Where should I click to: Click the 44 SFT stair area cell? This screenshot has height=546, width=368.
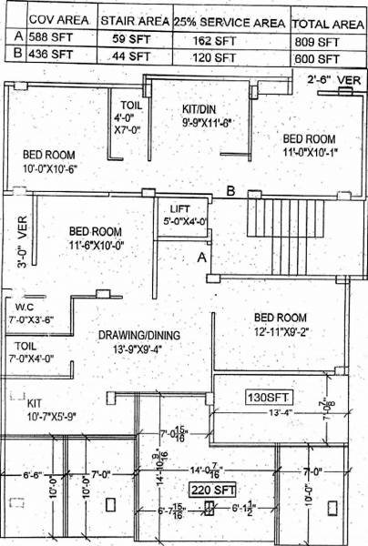point(131,55)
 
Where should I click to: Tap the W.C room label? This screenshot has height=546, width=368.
point(23,308)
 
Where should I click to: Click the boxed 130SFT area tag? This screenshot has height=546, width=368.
point(268,397)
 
